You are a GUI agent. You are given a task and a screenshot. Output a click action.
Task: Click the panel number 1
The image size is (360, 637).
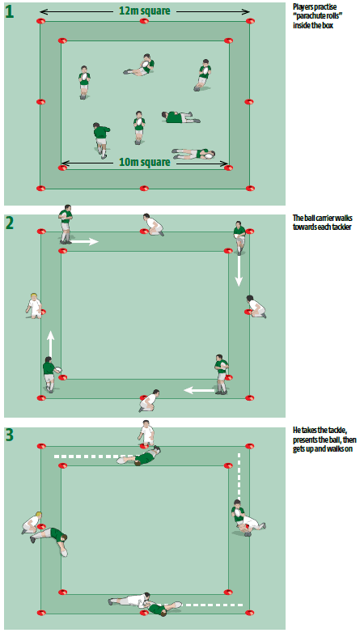[x=10, y=12]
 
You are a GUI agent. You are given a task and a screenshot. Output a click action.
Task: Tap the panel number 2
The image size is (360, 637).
[x=10, y=223]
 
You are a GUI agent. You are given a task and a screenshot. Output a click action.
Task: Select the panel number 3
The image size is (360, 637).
[x=10, y=435]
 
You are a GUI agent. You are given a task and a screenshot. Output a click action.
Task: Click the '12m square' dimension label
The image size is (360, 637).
[x=144, y=11]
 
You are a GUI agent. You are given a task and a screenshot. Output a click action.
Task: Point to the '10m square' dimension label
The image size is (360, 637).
[x=144, y=162]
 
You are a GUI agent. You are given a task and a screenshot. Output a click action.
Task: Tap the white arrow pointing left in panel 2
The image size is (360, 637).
[x=198, y=390]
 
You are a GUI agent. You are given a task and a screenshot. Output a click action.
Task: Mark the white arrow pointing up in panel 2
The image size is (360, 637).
[x=50, y=343]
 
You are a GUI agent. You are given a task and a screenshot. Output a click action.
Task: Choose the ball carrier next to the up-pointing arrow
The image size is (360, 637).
[x=50, y=374]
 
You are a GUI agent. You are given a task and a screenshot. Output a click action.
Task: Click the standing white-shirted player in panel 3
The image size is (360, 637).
[x=146, y=434]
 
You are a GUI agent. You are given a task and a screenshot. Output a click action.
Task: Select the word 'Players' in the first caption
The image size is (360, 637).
[x=306, y=6]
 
